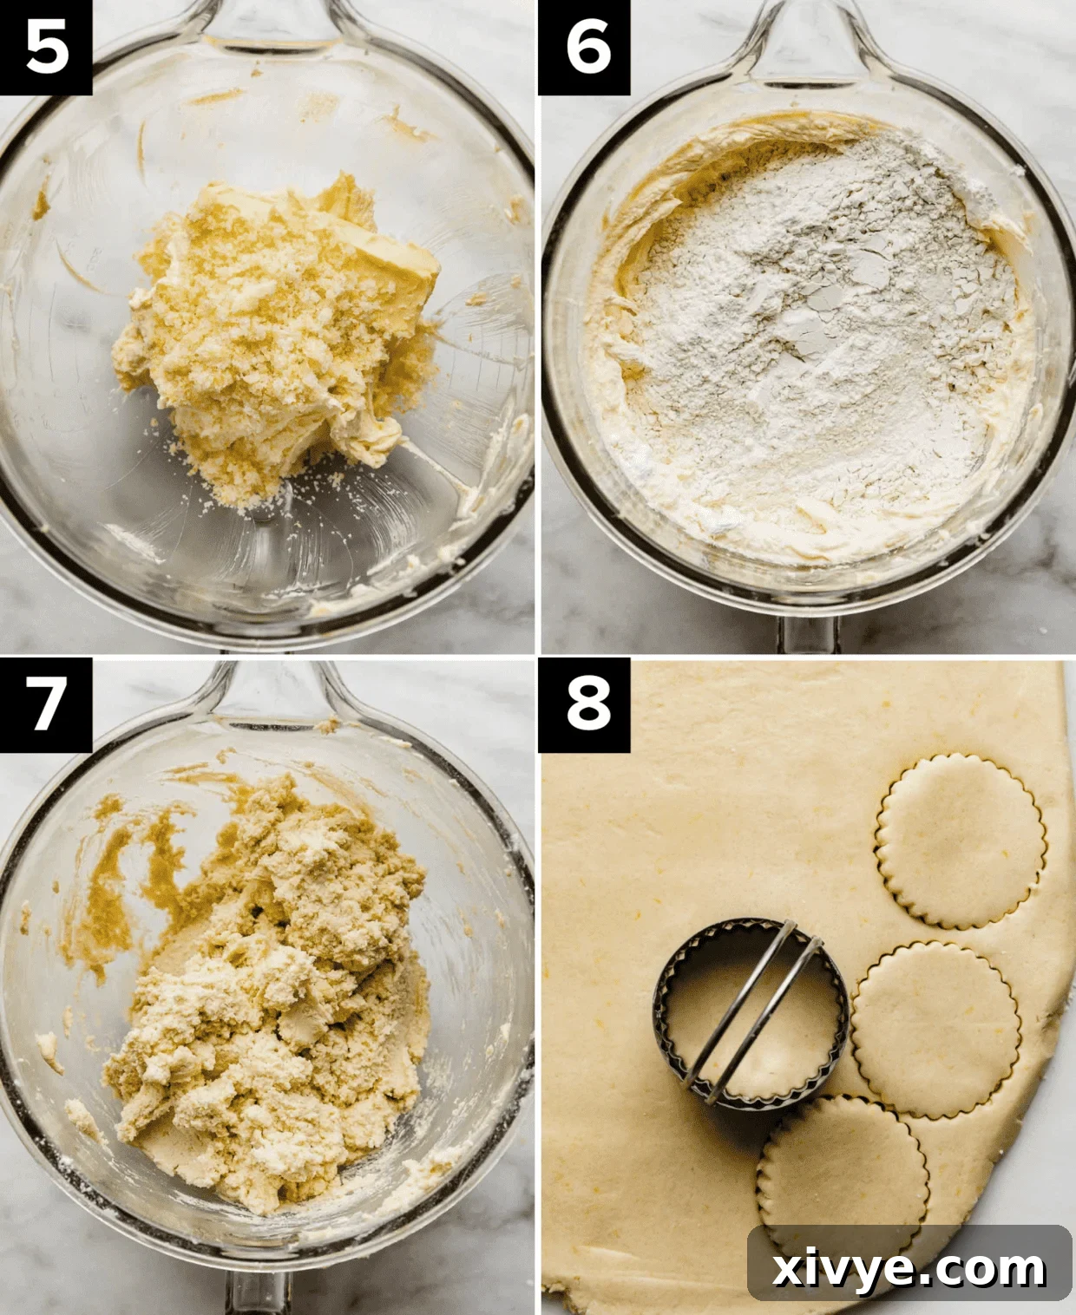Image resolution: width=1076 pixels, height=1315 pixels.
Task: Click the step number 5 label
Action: pyautogui.click(x=46, y=47)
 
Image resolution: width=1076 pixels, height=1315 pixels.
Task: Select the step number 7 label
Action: pyautogui.click(x=46, y=703)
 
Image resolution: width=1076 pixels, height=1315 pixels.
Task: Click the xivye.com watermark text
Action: pyautogui.click(x=909, y=1267)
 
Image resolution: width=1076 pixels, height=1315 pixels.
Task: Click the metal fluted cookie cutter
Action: pyautogui.click(x=751, y=1013)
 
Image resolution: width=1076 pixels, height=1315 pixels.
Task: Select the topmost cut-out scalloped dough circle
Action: pyautogui.click(x=961, y=840)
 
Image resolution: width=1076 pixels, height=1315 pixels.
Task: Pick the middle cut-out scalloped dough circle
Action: pyautogui.click(x=935, y=1027)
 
